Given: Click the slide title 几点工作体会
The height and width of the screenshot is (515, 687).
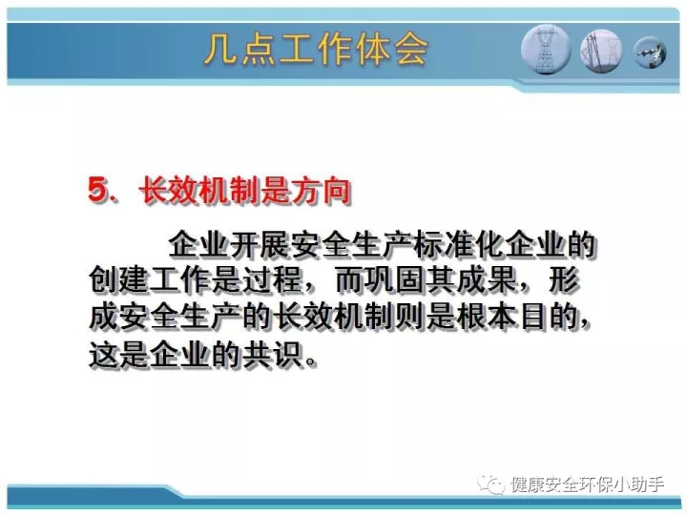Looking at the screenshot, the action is [316, 50].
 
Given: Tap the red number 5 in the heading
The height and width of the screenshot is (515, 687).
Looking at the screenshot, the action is [97, 190].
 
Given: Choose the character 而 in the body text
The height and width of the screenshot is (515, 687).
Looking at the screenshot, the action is [350, 279].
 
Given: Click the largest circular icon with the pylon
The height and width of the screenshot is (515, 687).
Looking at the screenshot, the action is [546, 50].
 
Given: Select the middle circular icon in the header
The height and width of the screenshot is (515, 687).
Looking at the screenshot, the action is [601, 51].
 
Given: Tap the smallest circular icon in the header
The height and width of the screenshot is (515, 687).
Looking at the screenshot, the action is [650, 52].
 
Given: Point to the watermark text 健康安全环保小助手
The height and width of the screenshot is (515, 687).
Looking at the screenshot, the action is [587, 484].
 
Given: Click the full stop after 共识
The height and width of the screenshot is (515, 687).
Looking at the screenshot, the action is [310, 361].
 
